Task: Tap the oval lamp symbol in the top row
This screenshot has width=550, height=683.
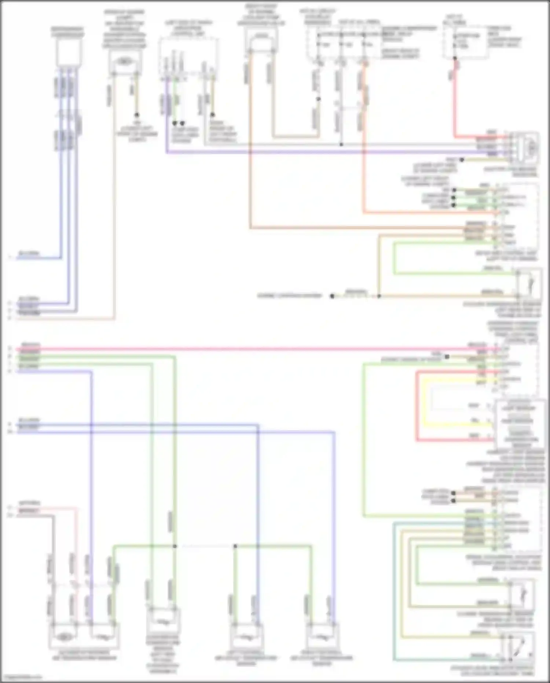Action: [x=125, y=61]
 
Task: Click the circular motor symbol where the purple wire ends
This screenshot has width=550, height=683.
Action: [x=530, y=148]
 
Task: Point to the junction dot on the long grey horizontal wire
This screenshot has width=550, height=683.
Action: [x=341, y=145]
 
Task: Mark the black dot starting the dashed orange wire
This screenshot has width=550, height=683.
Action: [x=332, y=296]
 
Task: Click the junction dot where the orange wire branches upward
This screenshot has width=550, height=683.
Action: [x=379, y=296]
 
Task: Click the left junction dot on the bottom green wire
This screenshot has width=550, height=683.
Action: [x=175, y=546]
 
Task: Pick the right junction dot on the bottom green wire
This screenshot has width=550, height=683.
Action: [x=235, y=546]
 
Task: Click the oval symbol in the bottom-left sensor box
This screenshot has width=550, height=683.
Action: [x=65, y=637]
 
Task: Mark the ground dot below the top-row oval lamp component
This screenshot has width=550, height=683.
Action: [x=136, y=115]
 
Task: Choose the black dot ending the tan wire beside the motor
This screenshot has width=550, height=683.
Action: [x=462, y=160]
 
